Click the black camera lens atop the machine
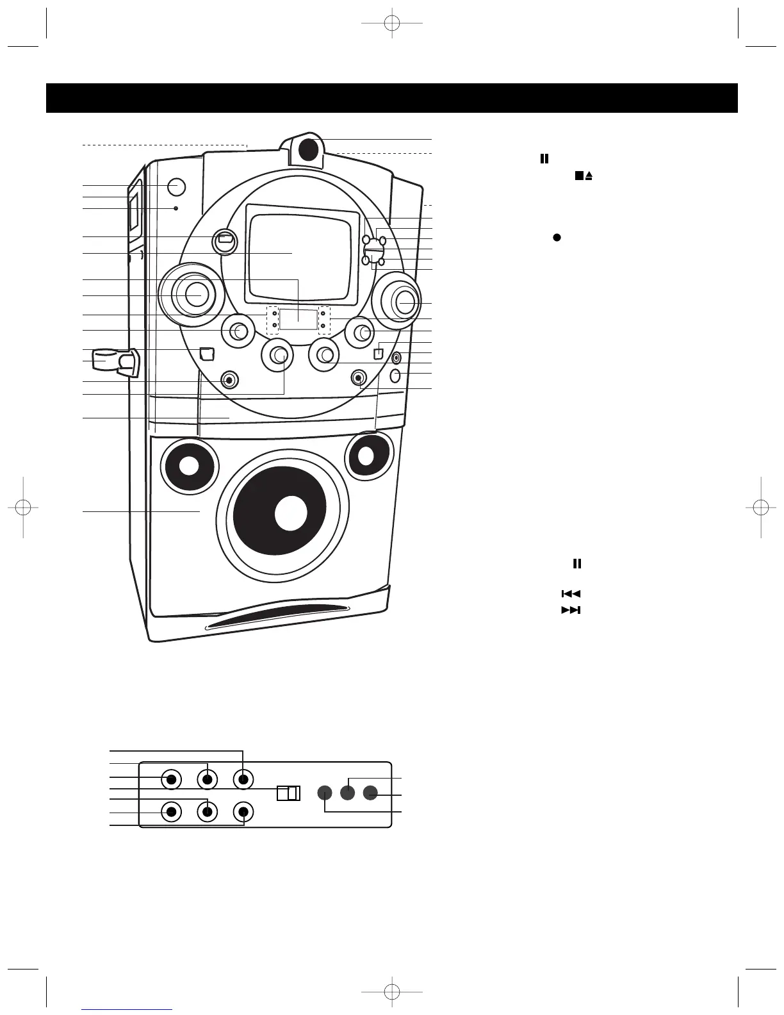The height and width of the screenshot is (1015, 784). click(309, 149)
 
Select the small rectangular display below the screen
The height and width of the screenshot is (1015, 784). click(298, 318)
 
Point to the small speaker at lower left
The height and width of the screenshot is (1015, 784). click(188, 466)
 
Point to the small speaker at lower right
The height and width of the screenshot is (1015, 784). click(367, 455)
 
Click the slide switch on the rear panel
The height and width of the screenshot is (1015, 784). click(288, 793)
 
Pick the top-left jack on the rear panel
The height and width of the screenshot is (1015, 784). click(170, 779)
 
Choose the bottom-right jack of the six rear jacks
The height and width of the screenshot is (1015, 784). click(243, 812)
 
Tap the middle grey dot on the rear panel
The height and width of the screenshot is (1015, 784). click(347, 793)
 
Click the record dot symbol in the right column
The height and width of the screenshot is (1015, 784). click(557, 237)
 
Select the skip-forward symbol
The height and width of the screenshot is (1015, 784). click(571, 610)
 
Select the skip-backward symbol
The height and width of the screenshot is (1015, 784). click(571, 595)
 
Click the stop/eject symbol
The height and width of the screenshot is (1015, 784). click(583, 175)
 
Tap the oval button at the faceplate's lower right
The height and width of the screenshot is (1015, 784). click(395, 375)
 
